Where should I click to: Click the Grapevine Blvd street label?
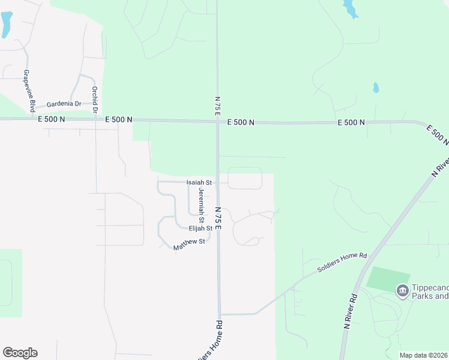(28, 91)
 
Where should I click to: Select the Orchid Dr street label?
(94, 95)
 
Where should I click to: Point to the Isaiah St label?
(199, 182)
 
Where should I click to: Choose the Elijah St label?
(200, 229)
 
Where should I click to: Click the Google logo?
(20, 353)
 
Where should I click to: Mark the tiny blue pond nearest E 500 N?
(376, 88)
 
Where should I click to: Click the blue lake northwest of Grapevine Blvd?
(6, 24)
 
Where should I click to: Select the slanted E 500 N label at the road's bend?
(437, 134)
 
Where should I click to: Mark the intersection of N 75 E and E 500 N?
(217, 122)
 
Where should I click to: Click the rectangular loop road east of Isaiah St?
(245, 178)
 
